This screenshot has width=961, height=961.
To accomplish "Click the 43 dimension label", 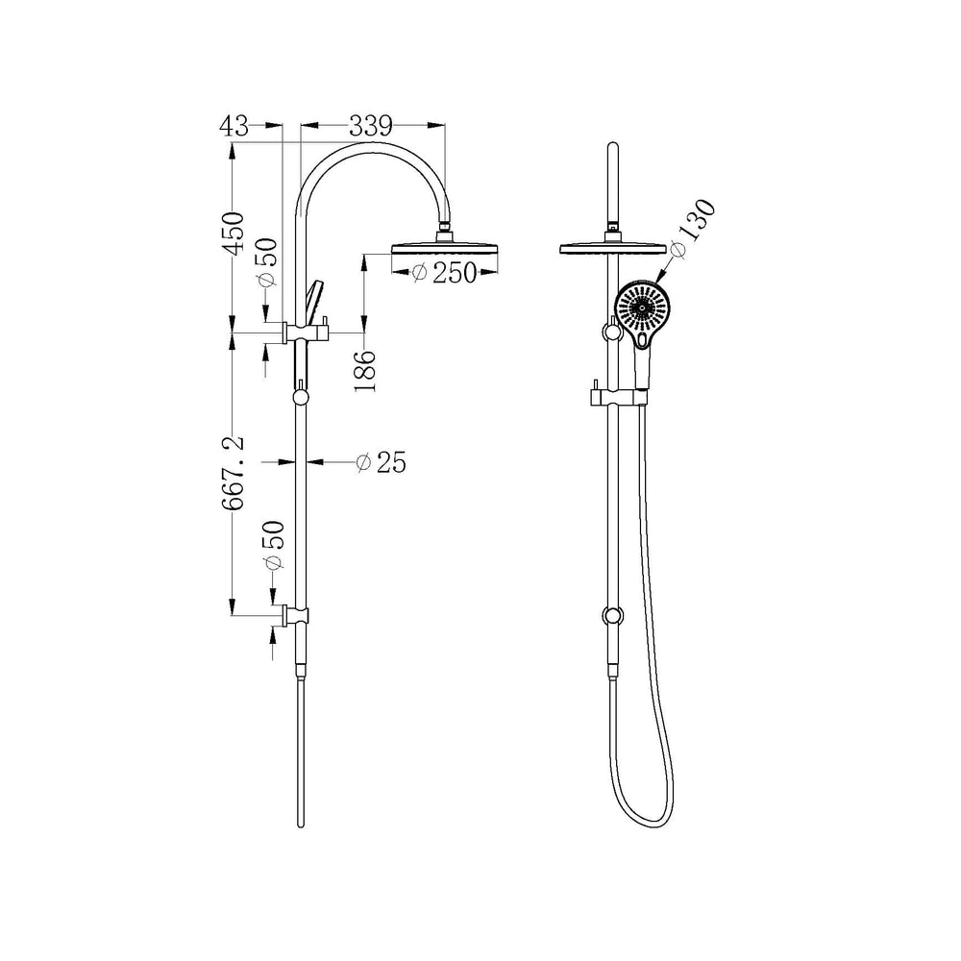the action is coord(234,126).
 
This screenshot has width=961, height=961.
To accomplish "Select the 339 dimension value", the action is coord(371,126).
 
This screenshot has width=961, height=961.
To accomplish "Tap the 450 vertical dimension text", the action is coord(233,233).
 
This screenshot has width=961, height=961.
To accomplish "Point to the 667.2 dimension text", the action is coord(233,473).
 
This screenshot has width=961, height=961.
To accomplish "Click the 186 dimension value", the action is coord(364,371).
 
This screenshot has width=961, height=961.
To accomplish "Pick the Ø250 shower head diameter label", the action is coord(444,273).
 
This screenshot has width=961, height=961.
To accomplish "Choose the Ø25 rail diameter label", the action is coord(381,462).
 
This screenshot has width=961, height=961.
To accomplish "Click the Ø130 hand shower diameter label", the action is coord(693,228).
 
